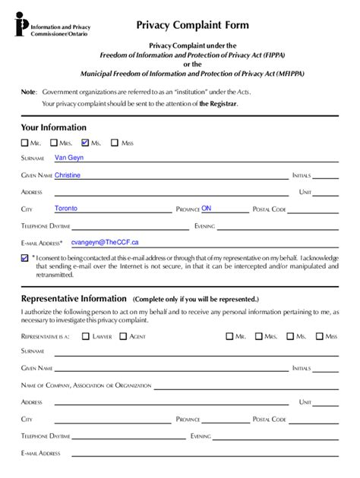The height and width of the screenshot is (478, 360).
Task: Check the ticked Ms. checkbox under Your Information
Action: click(86, 142)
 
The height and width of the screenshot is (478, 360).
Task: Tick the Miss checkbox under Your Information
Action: click(115, 142)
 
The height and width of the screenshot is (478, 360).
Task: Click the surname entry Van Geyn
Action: click(69, 158)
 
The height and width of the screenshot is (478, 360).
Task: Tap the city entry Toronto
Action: click(66, 208)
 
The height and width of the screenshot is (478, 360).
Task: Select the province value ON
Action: click(206, 208)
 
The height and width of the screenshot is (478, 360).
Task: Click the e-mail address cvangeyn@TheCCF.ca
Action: click(105, 242)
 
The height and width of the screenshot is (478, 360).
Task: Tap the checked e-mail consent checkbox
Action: click(25, 259)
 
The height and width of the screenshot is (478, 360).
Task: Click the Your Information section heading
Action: click(53, 127)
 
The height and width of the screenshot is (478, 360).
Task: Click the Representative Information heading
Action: click(74, 299)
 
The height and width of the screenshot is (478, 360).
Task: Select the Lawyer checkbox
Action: click(86, 335)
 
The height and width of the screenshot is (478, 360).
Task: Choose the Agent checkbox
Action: click(123, 335)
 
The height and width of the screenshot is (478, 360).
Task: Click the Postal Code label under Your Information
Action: click(269, 209)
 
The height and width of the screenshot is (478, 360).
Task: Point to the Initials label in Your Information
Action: click(302, 176)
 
